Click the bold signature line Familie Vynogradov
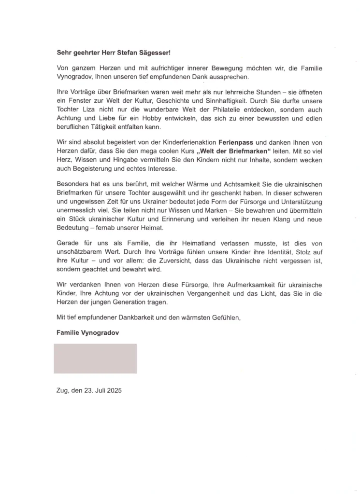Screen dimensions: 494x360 click(x=87, y=333)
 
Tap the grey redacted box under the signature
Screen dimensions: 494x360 click(x=95, y=358)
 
